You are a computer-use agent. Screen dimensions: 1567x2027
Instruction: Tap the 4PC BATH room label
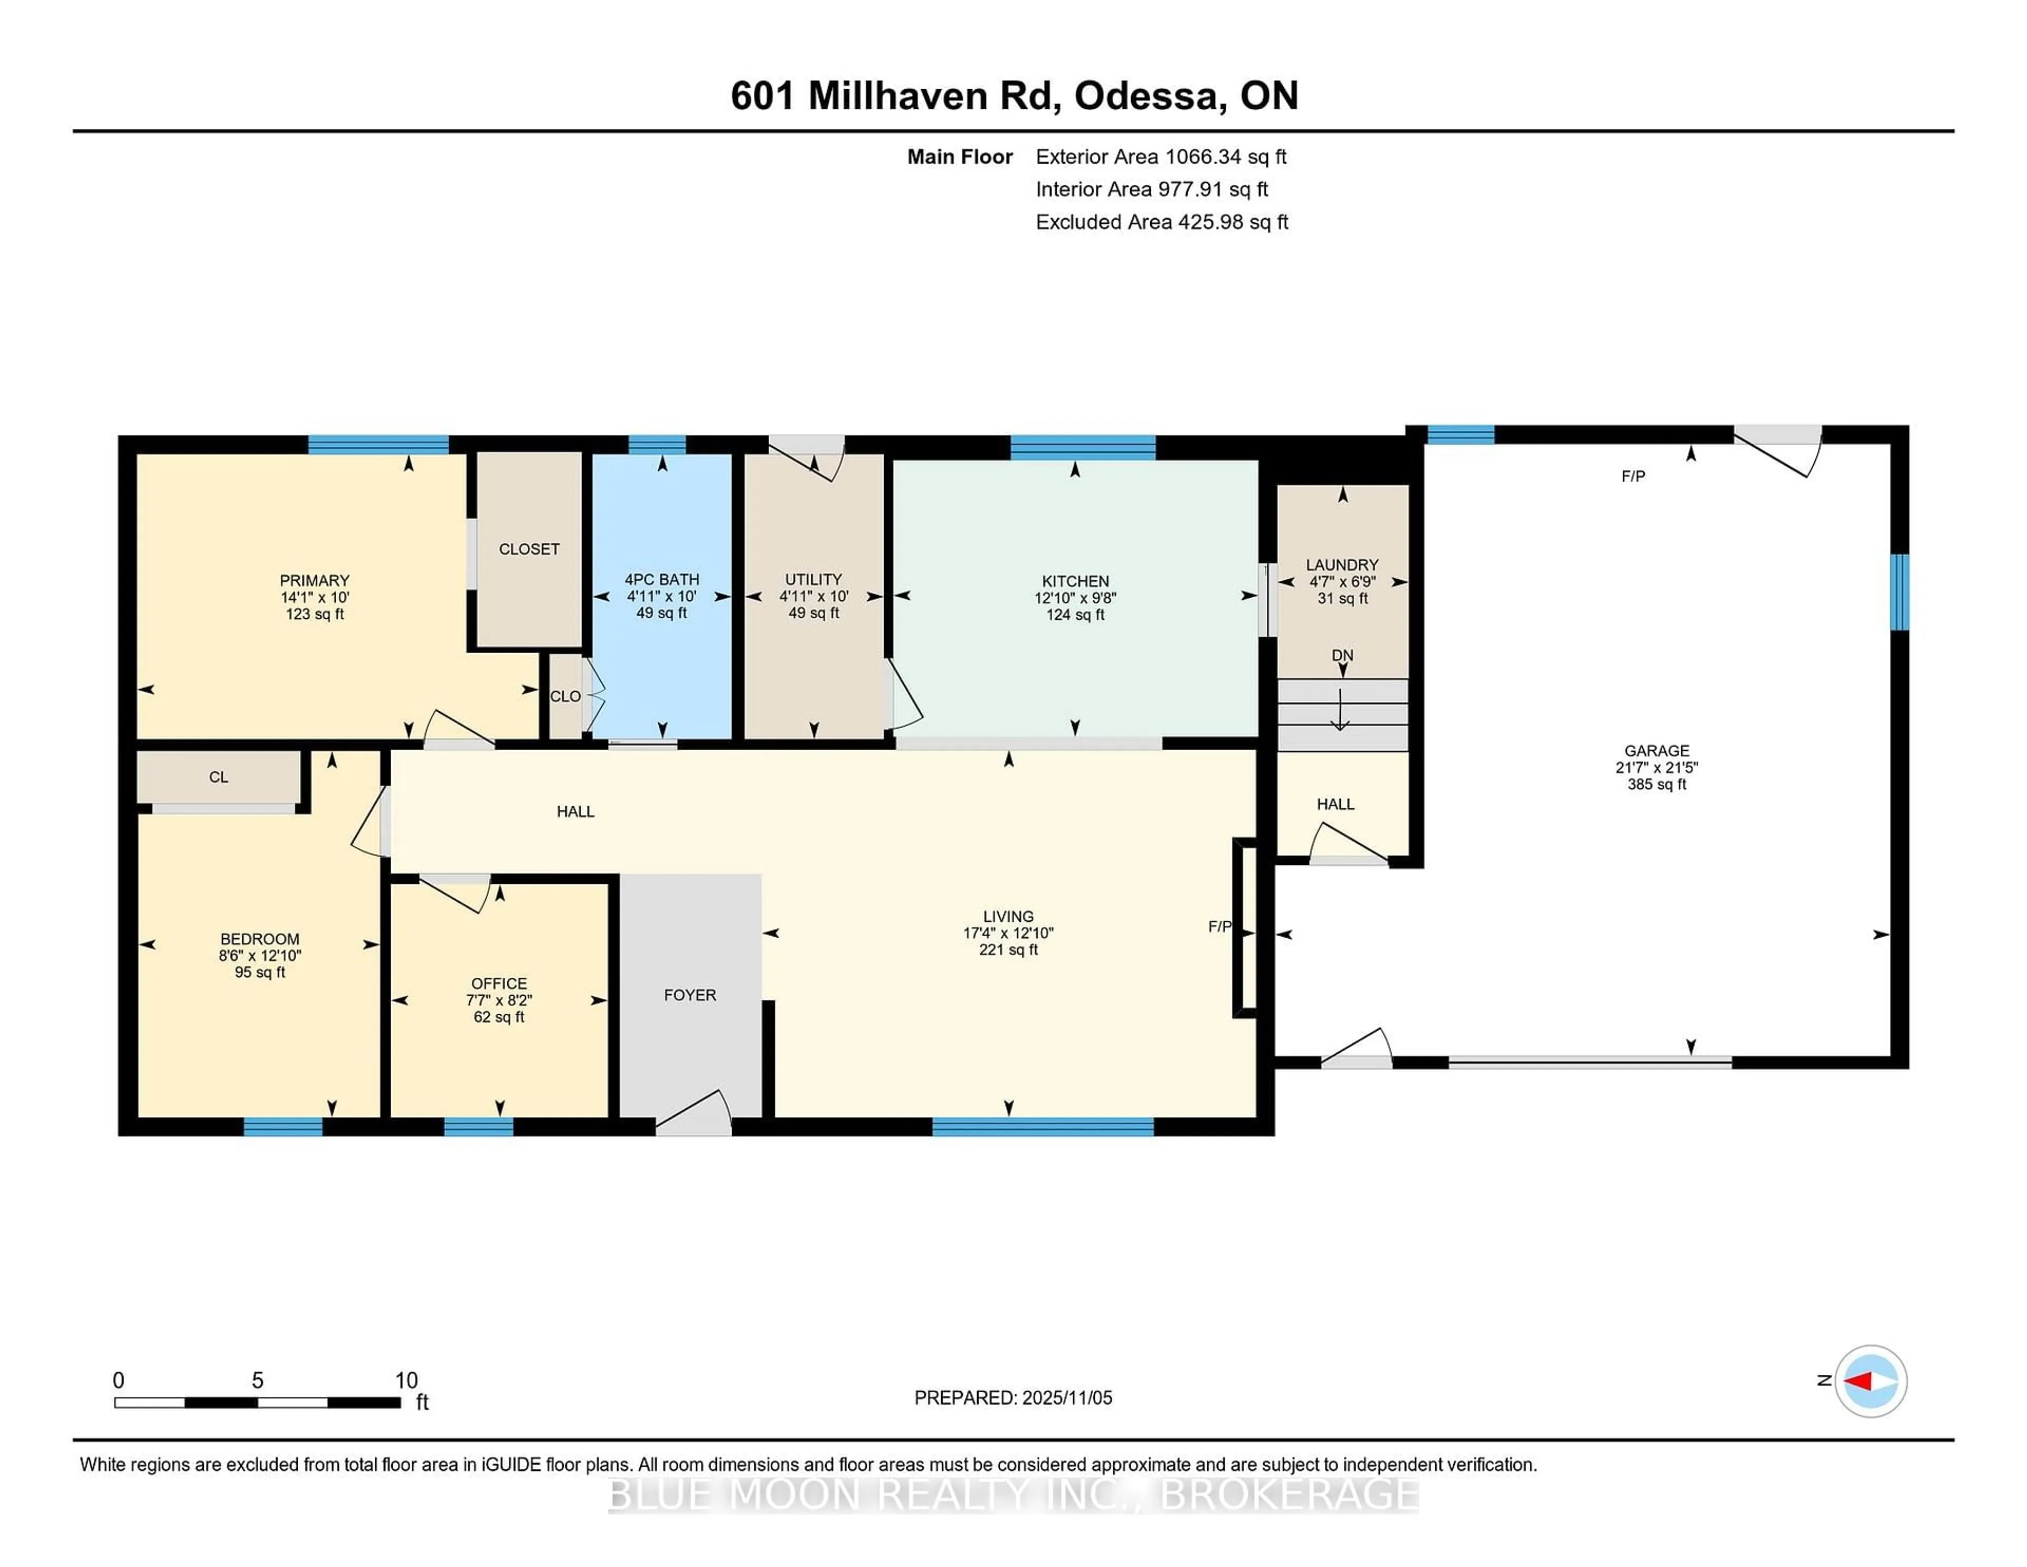point(662,579)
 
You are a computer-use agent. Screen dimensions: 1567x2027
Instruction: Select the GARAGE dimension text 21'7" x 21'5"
point(1656,768)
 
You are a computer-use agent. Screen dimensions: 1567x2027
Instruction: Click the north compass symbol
point(1870,1381)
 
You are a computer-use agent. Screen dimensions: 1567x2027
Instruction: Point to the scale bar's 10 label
point(406,1381)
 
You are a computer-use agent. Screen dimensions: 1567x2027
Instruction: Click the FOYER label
point(689,995)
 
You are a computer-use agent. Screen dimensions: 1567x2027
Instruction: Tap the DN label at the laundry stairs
point(1342,655)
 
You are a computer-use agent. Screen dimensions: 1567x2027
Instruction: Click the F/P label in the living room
point(1219,927)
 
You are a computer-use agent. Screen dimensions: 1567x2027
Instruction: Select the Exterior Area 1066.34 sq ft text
point(1161,157)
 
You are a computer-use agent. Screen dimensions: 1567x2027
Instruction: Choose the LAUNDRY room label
point(1342,564)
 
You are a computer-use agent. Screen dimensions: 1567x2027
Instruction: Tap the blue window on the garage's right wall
point(1899,592)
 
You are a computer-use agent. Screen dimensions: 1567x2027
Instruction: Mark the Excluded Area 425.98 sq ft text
point(1162,222)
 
